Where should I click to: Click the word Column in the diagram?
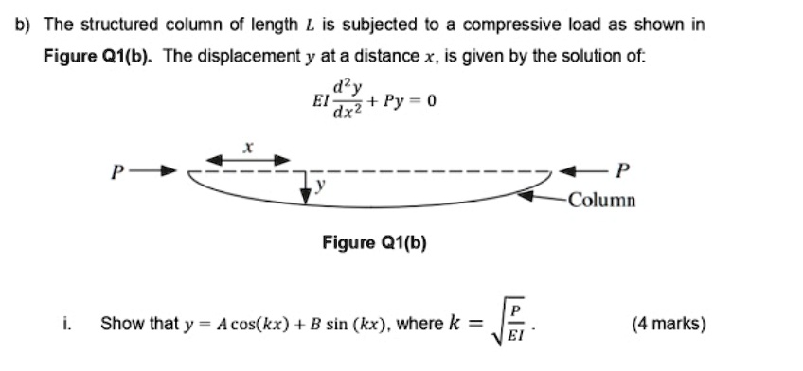coord(603,201)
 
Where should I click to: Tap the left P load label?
coord(116,172)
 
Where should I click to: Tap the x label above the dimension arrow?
coord(249,145)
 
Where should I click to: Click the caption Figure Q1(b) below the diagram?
coord(374,243)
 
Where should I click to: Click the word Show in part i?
coord(119,325)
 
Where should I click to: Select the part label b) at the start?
coord(25,25)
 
